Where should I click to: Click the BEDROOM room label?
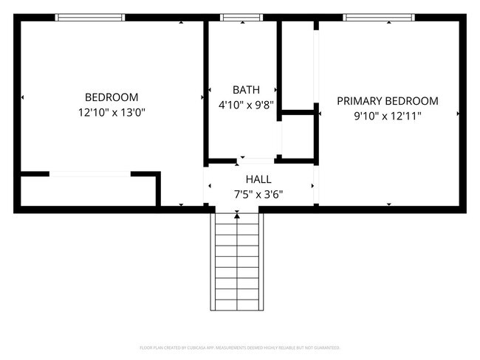112,97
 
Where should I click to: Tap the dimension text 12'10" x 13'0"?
112,113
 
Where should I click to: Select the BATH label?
246,89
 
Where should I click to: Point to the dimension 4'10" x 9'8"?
246,105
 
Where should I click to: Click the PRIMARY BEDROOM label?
387,101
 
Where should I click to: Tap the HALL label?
258,179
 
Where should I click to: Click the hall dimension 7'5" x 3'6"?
258,195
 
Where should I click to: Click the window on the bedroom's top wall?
90,17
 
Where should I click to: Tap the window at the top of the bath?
241,17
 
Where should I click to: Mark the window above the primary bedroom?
379,17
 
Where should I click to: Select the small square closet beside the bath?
298,136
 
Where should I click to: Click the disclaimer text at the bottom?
239,347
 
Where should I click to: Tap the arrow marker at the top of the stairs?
237,215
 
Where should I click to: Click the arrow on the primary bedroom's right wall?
459,114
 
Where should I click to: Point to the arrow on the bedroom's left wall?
23,97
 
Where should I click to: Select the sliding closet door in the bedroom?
90,174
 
